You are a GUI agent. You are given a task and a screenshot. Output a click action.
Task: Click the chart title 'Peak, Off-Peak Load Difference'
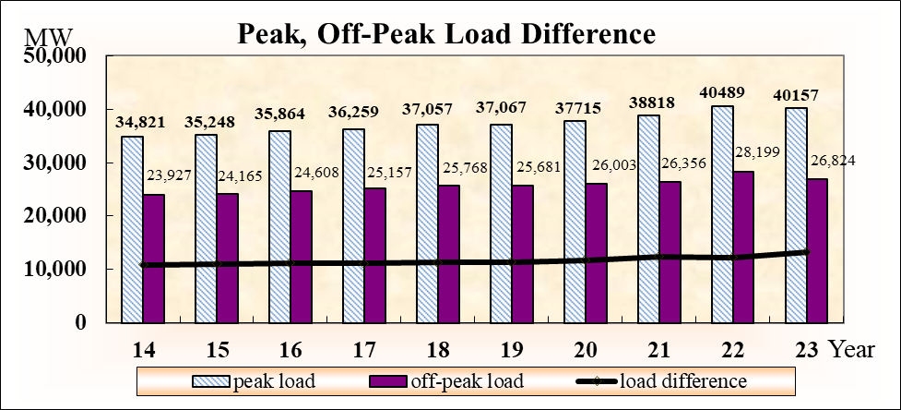tap(446, 34)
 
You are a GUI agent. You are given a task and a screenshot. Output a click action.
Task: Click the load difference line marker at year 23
tap(805, 251)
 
